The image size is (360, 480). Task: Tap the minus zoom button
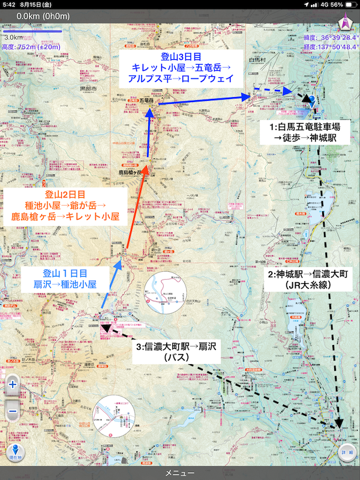tap(13, 412)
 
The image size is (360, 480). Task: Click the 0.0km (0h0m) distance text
tap(42, 16)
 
